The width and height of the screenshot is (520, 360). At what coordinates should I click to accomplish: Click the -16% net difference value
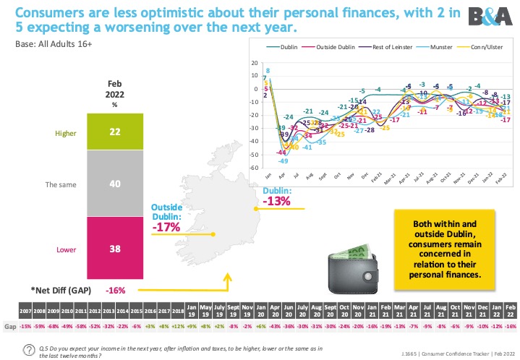click(x=116, y=290)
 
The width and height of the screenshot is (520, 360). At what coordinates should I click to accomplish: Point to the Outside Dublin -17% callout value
click(x=166, y=227)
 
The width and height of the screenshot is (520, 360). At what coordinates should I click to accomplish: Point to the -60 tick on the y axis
click(x=253, y=168)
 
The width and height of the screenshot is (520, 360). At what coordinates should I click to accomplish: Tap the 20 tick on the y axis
click(x=254, y=62)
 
